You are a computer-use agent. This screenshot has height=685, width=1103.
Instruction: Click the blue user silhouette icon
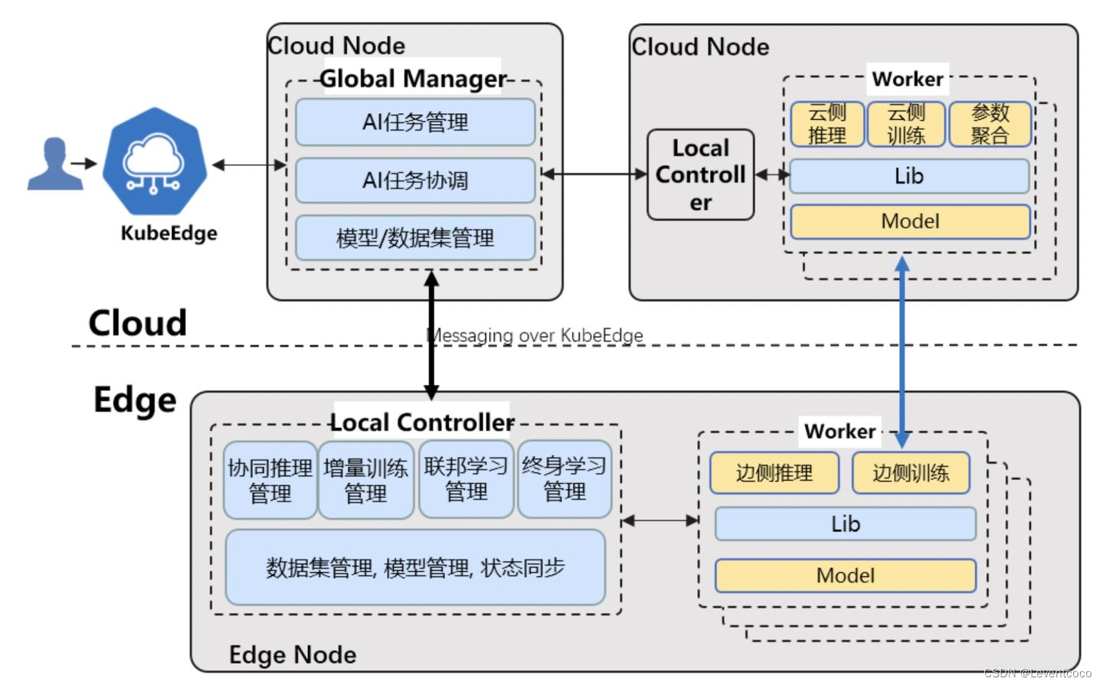(x=54, y=164)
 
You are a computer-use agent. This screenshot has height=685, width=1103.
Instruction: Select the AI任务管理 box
(x=415, y=122)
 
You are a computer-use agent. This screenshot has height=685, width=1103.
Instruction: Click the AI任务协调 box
(x=415, y=181)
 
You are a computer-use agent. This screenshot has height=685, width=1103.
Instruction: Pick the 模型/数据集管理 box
(x=415, y=238)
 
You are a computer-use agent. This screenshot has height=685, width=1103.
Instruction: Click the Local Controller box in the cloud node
(x=700, y=175)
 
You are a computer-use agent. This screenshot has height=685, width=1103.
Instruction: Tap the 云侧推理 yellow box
(x=827, y=124)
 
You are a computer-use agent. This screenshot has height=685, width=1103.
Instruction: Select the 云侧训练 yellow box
(x=906, y=124)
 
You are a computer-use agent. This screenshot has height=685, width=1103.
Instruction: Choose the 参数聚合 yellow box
(x=990, y=124)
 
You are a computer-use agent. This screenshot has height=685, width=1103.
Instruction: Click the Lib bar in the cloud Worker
(x=909, y=177)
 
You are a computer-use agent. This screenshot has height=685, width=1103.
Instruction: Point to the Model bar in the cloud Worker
(x=910, y=222)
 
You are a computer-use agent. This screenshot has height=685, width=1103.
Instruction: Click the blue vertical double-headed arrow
(x=902, y=352)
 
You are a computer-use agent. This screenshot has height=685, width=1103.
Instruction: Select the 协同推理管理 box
(x=270, y=481)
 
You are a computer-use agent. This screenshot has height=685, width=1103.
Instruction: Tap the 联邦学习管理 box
(x=466, y=479)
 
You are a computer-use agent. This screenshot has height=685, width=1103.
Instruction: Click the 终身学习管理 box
(x=565, y=479)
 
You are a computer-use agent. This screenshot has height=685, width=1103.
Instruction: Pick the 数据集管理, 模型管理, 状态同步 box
(x=415, y=568)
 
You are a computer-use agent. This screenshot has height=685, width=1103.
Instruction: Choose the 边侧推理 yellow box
(x=774, y=473)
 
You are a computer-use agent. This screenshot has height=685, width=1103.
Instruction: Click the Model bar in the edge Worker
(x=845, y=576)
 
